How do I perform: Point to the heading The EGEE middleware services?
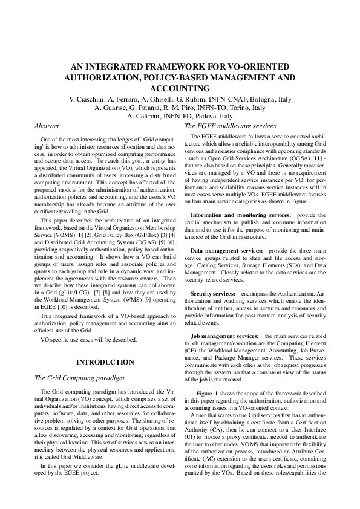click(230, 126)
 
